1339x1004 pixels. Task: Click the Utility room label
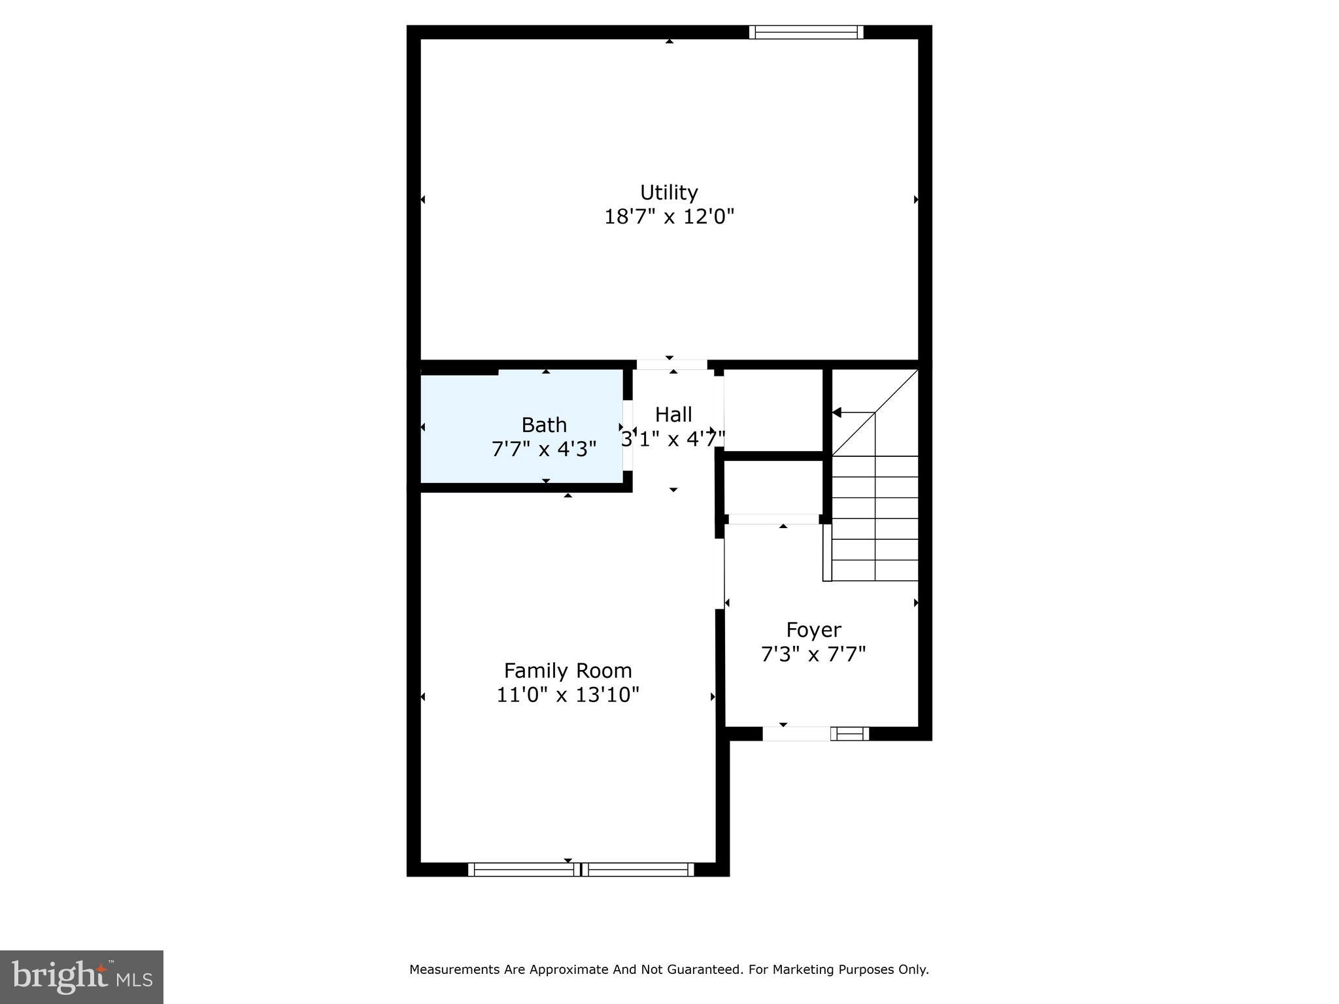[669, 192]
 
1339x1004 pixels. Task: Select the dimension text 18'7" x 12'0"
[669, 216]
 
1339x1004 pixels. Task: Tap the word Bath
[544, 425]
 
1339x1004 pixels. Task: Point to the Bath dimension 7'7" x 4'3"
[544, 449]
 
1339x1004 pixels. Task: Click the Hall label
[673, 414]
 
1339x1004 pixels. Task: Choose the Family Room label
[568, 671]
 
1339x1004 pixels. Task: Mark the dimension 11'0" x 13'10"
[568, 694]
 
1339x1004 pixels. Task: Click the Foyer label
[813, 629]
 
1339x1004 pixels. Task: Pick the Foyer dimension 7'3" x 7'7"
[813, 654]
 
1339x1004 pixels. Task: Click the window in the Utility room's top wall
[806, 32]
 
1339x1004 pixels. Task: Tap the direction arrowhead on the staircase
[837, 412]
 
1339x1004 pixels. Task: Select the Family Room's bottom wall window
[581, 869]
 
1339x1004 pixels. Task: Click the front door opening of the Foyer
[796, 733]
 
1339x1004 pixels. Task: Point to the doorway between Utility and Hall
[671, 364]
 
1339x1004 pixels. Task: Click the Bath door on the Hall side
[628, 435]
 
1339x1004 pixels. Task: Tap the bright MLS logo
[82, 977]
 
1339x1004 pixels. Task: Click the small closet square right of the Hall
[773, 409]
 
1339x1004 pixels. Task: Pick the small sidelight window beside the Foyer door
[849, 734]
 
